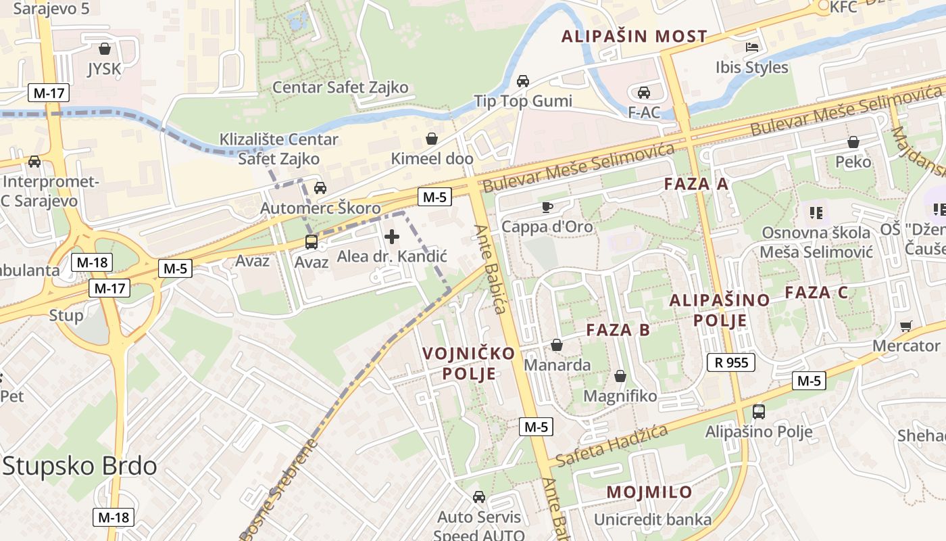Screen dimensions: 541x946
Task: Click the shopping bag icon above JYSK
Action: pyautogui.click(x=105, y=49)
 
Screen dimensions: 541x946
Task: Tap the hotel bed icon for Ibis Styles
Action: pyautogui.click(x=751, y=47)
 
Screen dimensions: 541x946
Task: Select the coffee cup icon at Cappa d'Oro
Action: pyautogui.click(x=547, y=207)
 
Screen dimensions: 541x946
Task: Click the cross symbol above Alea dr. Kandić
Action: pyautogui.click(x=391, y=237)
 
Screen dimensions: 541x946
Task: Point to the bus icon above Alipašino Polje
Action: pyautogui.click(x=759, y=411)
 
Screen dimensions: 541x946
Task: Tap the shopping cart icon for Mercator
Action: pyautogui.click(x=906, y=326)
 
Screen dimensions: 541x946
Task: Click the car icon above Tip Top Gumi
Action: pyautogui.click(x=522, y=81)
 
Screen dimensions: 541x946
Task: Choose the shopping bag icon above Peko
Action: pyautogui.click(x=853, y=142)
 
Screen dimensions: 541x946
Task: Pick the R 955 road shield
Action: pyautogui.click(x=731, y=362)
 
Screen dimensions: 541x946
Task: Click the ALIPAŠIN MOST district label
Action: pyautogui.click(x=634, y=37)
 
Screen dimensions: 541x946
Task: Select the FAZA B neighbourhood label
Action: pyautogui.click(x=618, y=330)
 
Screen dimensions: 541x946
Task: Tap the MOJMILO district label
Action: pyautogui.click(x=649, y=492)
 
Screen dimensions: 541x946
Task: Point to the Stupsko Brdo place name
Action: pyautogui.click(x=80, y=466)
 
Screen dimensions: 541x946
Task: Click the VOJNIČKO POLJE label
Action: pyautogui.click(x=469, y=363)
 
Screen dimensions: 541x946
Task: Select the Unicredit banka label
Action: pyautogui.click(x=652, y=519)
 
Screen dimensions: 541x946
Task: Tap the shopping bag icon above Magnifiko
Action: pyautogui.click(x=620, y=376)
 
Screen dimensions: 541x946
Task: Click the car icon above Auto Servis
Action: pyautogui.click(x=479, y=497)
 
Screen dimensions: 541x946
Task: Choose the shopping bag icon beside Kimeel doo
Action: pyautogui.click(x=431, y=139)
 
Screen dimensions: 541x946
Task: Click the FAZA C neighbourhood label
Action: pyautogui.click(x=816, y=293)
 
